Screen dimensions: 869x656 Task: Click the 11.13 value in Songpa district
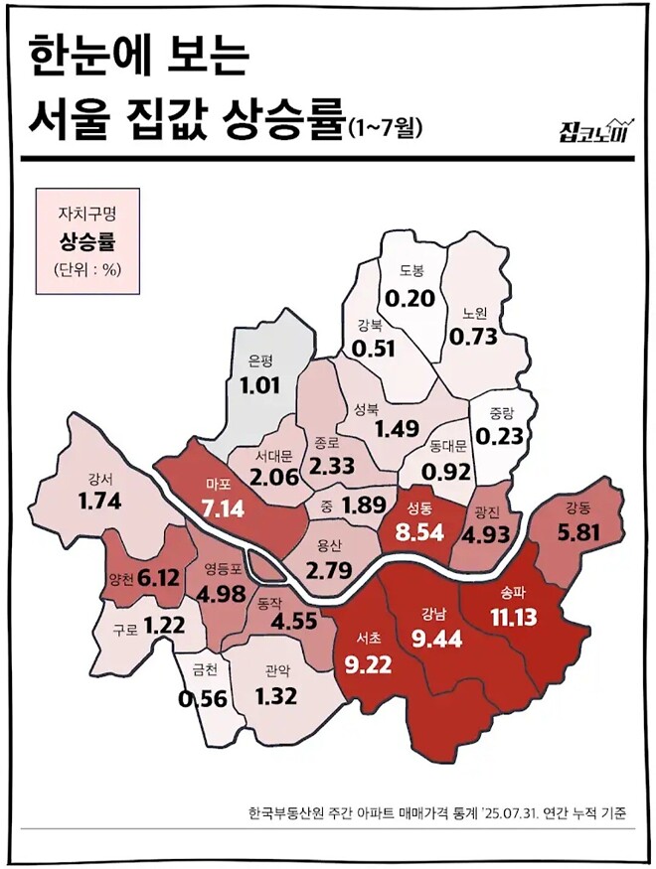(513, 617)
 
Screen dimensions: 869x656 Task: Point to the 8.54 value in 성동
(418, 530)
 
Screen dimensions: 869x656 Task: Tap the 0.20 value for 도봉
(410, 297)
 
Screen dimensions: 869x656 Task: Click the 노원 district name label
(474, 312)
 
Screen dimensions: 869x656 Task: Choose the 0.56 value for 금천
(203, 698)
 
